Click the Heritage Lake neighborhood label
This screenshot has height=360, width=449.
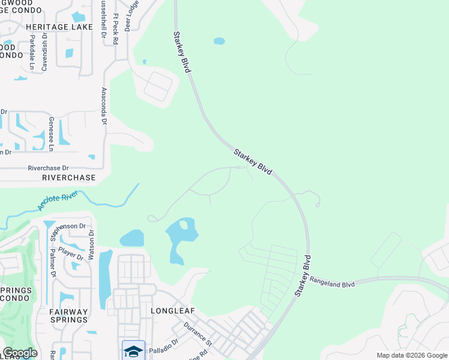point(59,27)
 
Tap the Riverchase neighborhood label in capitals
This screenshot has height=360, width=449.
point(69,178)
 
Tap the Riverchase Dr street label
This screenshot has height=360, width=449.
point(49,169)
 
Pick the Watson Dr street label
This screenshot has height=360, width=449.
point(91,245)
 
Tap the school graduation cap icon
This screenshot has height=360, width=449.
point(133,350)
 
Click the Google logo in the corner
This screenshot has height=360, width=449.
point(20,353)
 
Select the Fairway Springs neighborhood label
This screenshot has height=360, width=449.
point(68,316)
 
